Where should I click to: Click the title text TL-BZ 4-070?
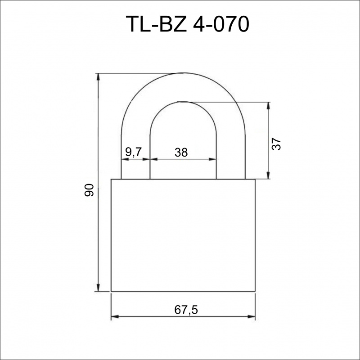coord(187,24)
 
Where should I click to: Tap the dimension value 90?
coord(89,190)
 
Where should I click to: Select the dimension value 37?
coord(276,144)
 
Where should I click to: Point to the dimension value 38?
coord(181,152)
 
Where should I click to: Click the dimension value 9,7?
coord(134,152)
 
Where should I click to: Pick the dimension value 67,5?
coord(186,310)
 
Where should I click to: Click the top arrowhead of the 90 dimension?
coord(98,77)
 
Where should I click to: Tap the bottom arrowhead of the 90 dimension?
coord(98,288)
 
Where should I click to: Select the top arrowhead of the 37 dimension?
coord(268,106)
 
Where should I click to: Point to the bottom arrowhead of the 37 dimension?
coord(268,175)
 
